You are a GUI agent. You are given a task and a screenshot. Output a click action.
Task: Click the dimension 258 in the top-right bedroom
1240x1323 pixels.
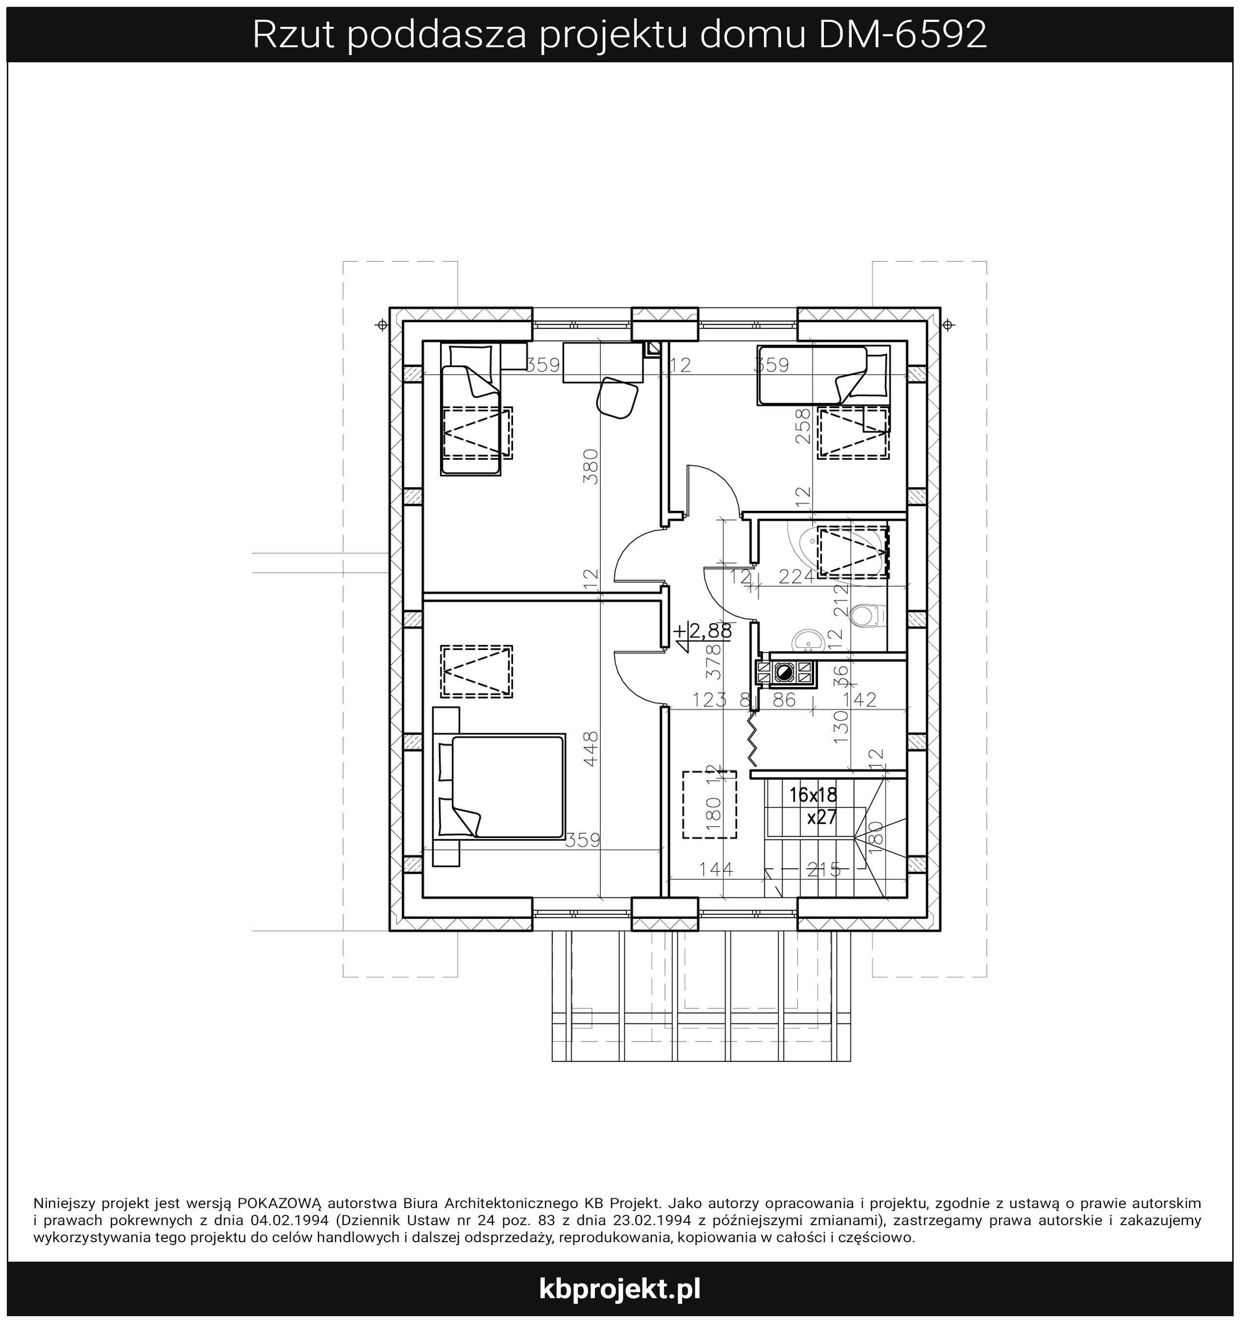pos(804,426)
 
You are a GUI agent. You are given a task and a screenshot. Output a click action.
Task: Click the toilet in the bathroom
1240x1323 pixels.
pos(868,615)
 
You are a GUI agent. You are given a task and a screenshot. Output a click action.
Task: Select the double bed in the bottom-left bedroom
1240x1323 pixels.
pos(499,786)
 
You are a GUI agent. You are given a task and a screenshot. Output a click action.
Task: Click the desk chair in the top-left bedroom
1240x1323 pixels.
pos(617,397)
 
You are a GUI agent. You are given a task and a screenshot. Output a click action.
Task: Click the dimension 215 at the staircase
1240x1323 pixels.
pos(824,869)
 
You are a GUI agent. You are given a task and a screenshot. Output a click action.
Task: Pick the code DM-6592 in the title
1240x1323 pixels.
pos(902,35)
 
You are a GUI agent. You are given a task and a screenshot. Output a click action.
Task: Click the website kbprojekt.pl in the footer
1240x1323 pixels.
pos(619,1289)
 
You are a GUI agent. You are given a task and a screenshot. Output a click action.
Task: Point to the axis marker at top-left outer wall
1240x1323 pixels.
pos(382,325)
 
